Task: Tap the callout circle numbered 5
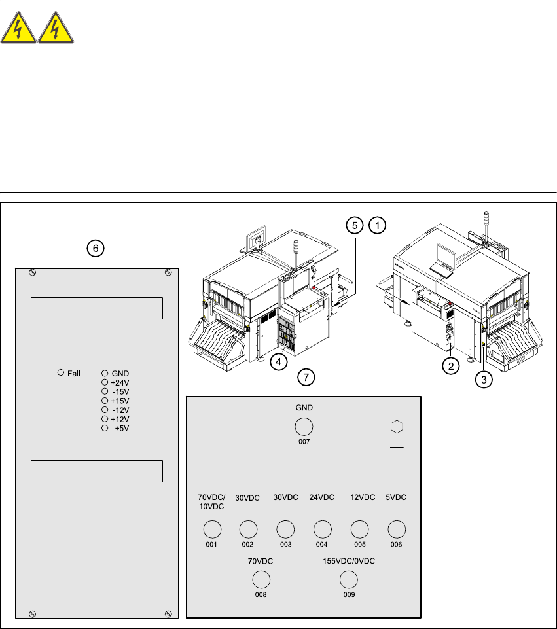(353, 225)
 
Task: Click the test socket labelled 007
(303, 427)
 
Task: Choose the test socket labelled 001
(211, 530)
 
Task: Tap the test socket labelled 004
(321, 530)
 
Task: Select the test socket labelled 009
(349, 580)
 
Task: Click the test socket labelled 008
(261, 580)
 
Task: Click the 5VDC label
(396, 497)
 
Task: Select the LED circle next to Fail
(61, 372)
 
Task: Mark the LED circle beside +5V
(103, 428)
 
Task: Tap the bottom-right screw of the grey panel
(169, 613)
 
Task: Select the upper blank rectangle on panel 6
(96, 308)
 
